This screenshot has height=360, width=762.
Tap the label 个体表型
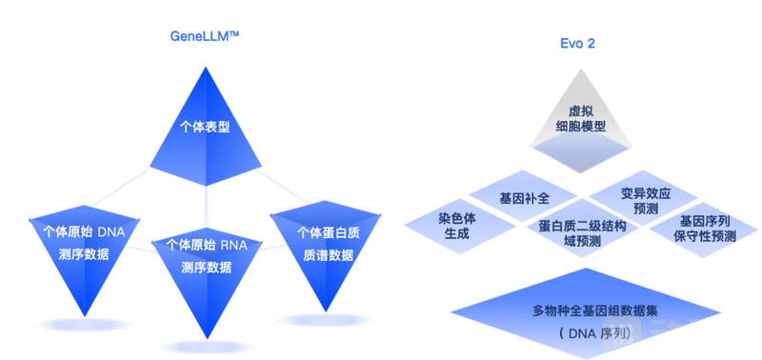(205, 127)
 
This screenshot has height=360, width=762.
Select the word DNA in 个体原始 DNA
(124, 231)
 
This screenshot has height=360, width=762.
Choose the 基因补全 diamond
(524, 197)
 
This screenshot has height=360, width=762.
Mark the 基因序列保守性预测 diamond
(704, 228)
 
